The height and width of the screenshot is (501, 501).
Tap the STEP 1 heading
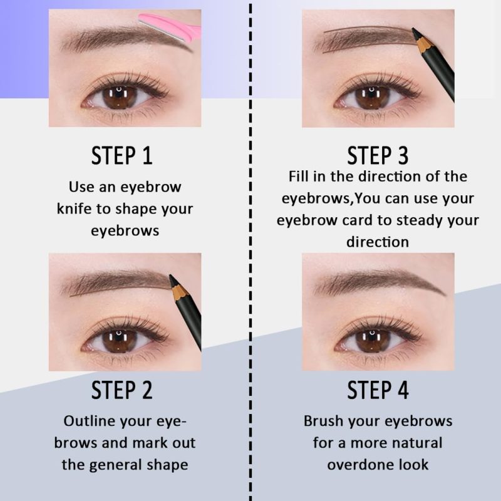coord(121,155)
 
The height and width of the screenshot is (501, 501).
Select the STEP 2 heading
coord(121,390)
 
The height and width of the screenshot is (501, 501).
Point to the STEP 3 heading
coord(378,155)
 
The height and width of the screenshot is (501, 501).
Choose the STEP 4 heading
coord(378,390)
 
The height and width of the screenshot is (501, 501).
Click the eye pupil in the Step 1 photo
coord(120,97)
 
